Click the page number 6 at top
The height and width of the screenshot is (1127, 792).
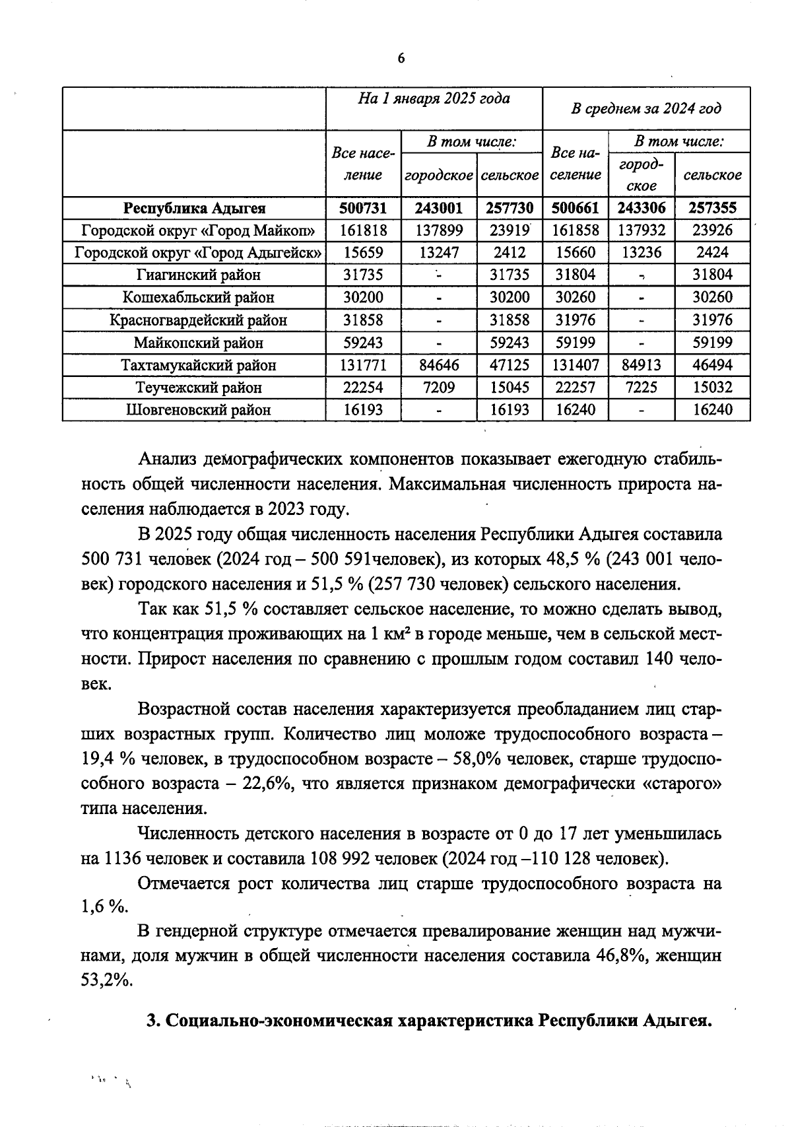[x=401, y=59]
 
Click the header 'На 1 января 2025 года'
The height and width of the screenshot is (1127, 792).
[x=434, y=99]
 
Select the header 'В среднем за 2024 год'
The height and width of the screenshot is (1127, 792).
[x=645, y=108]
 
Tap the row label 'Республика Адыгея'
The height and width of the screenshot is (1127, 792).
[x=195, y=208]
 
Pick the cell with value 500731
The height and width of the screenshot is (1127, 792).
[x=362, y=208]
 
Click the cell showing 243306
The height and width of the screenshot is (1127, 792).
[x=641, y=208]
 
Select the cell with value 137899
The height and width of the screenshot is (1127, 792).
[x=438, y=230]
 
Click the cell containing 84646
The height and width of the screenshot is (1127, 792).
[x=438, y=365]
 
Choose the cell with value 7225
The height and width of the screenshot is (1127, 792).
[x=641, y=388]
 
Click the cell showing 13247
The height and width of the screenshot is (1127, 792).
[x=438, y=253]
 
